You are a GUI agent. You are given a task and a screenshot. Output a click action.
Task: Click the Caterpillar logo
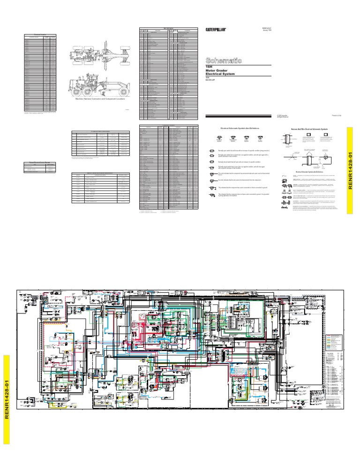pos(216,30)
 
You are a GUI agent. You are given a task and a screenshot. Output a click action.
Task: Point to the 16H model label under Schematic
pos(210,68)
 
